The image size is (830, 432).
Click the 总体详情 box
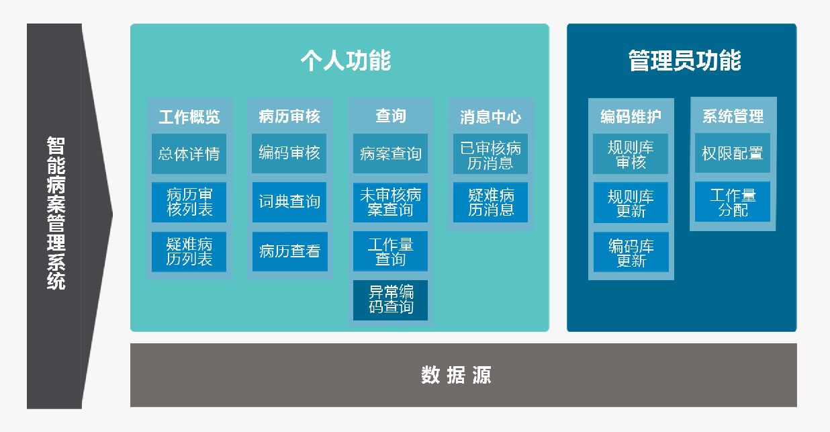pyautogui.click(x=189, y=153)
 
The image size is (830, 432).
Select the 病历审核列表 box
pyautogui.click(x=189, y=202)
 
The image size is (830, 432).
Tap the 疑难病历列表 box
pyautogui.click(x=189, y=252)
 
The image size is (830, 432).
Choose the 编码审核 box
pyautogui.click(x=289, y=153)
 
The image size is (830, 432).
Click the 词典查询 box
pyautogui.click(x=289, y=202)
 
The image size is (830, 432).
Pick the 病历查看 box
pyautogui.click(x=289, y=251)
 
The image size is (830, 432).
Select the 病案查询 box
pyautogui.click(x=390, y=153)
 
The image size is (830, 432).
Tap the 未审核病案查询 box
pyautogui.click(x=390, y=202)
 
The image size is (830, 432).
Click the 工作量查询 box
pyautogui.click(x=390, y=251)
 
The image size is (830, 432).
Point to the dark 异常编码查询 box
pyautogui.click(x=390, y=300)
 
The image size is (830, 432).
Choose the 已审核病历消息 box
pyautogui.click(x=490, y=153)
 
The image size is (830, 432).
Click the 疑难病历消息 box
pyautogui.click(x=490, y=202)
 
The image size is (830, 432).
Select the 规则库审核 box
pyautogui.click(x=631, y=153)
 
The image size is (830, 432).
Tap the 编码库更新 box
pyautogui.click(x=631, y=252)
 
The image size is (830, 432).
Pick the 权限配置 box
pyautogui.click(x=733, y=153)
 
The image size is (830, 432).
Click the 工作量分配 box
pyautogui.click(x=733, y=202)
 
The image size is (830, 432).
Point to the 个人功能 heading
pyautogui.click(x=346, y=60)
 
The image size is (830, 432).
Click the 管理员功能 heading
pyautogui.click(x=685, y=60)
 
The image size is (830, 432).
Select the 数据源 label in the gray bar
pyautogui.click(x=456, y=375)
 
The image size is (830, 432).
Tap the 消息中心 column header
pyautogui.click(x=491, y=117)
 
